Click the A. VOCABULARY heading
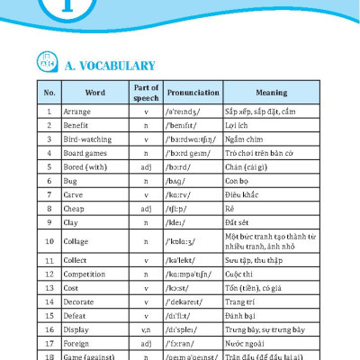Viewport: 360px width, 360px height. [111, 66]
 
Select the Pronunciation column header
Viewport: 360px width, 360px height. [193, 92]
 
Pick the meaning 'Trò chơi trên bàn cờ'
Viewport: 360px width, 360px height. [265, 153]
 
